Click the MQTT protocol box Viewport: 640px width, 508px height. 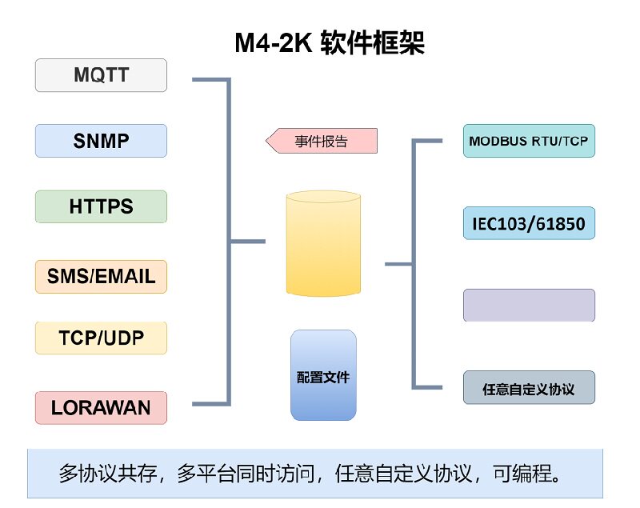point(101,75)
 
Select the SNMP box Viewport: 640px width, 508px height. point(101,141)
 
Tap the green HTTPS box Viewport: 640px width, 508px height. point(101,206)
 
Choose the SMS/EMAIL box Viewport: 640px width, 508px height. point(101,277)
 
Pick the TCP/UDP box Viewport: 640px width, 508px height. point(101,338)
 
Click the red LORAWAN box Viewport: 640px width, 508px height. point(101,407)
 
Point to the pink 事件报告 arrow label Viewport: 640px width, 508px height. point(322,142)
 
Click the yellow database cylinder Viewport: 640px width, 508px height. point(323,243)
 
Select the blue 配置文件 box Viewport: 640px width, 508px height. point(323,375)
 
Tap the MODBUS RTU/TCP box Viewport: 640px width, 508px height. point(529,141)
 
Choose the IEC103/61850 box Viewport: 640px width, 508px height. point(529,223)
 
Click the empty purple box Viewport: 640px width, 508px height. point(529,305)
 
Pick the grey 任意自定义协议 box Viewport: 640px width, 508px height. point(529,388)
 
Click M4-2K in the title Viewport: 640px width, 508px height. point(272,42)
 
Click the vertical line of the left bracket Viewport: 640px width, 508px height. point(229,240)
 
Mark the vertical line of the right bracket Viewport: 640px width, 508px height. point(414,264)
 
